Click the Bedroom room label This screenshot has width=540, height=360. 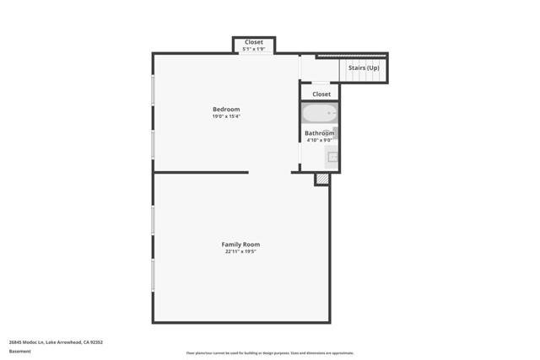click(226, 110)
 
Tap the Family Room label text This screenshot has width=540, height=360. click(240, 244)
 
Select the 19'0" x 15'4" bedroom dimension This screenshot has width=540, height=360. click(226, 116)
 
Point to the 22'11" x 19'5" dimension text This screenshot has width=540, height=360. click(240, 251)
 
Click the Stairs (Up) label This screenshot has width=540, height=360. click(364, 67)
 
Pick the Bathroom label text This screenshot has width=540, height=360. click(320, 133)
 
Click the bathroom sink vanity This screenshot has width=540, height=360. click(332, 156)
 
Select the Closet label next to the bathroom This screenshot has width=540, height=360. click(321, 94)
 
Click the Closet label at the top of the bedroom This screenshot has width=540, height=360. click(254, 42)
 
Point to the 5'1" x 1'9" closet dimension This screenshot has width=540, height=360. click(254, 49)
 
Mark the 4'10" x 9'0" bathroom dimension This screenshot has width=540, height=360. click(320, 140)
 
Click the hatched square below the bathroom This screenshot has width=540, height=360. click(321, 179)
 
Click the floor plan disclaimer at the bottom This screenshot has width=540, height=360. click(270, 353)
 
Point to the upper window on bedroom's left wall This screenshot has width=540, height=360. click(153, 91)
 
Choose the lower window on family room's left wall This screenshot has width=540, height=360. click(153, 275)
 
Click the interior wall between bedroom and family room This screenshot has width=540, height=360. click(201, 172)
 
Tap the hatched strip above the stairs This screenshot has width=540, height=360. click(352, 56)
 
